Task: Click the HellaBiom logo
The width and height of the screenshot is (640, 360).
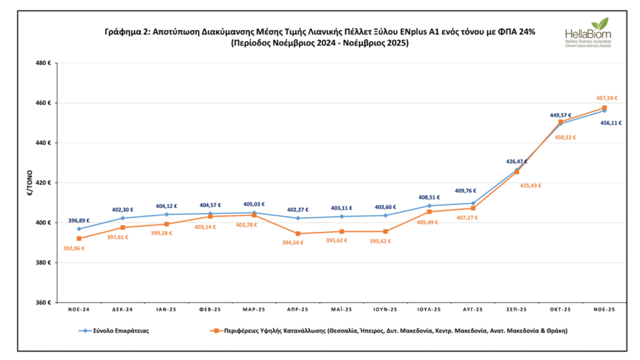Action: [x=588, y=34]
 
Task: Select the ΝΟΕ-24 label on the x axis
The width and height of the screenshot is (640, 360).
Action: [x=79, y=310]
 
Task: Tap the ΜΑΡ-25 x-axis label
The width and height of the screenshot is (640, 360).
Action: [x=254, y=310]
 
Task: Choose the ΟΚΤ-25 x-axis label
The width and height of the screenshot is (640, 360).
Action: [x=560, y=310]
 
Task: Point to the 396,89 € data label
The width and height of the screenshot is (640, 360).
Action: [x=79, y=220]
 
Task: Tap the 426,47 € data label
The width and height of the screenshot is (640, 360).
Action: [x=517, y=161]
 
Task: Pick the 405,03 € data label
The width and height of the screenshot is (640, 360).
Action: [x=254, y=204]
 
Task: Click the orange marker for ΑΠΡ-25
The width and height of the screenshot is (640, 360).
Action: [x=297, y=234]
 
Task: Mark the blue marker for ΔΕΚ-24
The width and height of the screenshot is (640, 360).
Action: [x=122, y=218]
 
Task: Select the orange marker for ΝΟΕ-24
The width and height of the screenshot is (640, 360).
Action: [x=79, y=239]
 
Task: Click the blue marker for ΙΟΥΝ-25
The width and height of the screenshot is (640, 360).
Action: [x=385, y=216]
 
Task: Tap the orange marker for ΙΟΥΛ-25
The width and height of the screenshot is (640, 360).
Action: [x=429, y=212]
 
